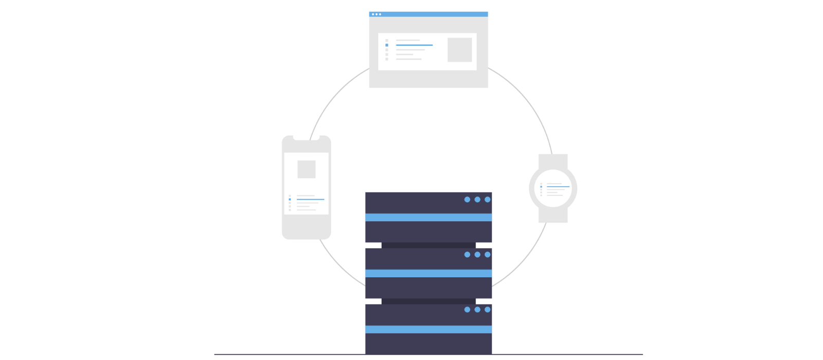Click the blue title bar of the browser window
pos(428,14)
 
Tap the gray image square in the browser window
pos(459,50)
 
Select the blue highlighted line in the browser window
pos(414,45)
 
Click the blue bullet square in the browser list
pos(387,45)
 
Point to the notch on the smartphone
pos(306,137)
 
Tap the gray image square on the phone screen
pos(306,169)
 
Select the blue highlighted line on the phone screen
pos(310,199)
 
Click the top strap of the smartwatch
pos(553,161)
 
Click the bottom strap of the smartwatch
pos(553,215)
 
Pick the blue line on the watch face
pos(558,187)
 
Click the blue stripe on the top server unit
pos(428,218)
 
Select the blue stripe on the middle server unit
pos(428,274)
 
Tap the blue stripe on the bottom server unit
pos(428,330)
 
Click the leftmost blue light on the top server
pos(467,200)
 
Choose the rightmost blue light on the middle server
pos(488,255)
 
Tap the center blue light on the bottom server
pos(477,310)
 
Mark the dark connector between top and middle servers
pos(428,245)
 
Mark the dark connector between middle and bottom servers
pos(428,301)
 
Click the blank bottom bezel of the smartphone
pos(306,227)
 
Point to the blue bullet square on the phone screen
pos(290,199)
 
